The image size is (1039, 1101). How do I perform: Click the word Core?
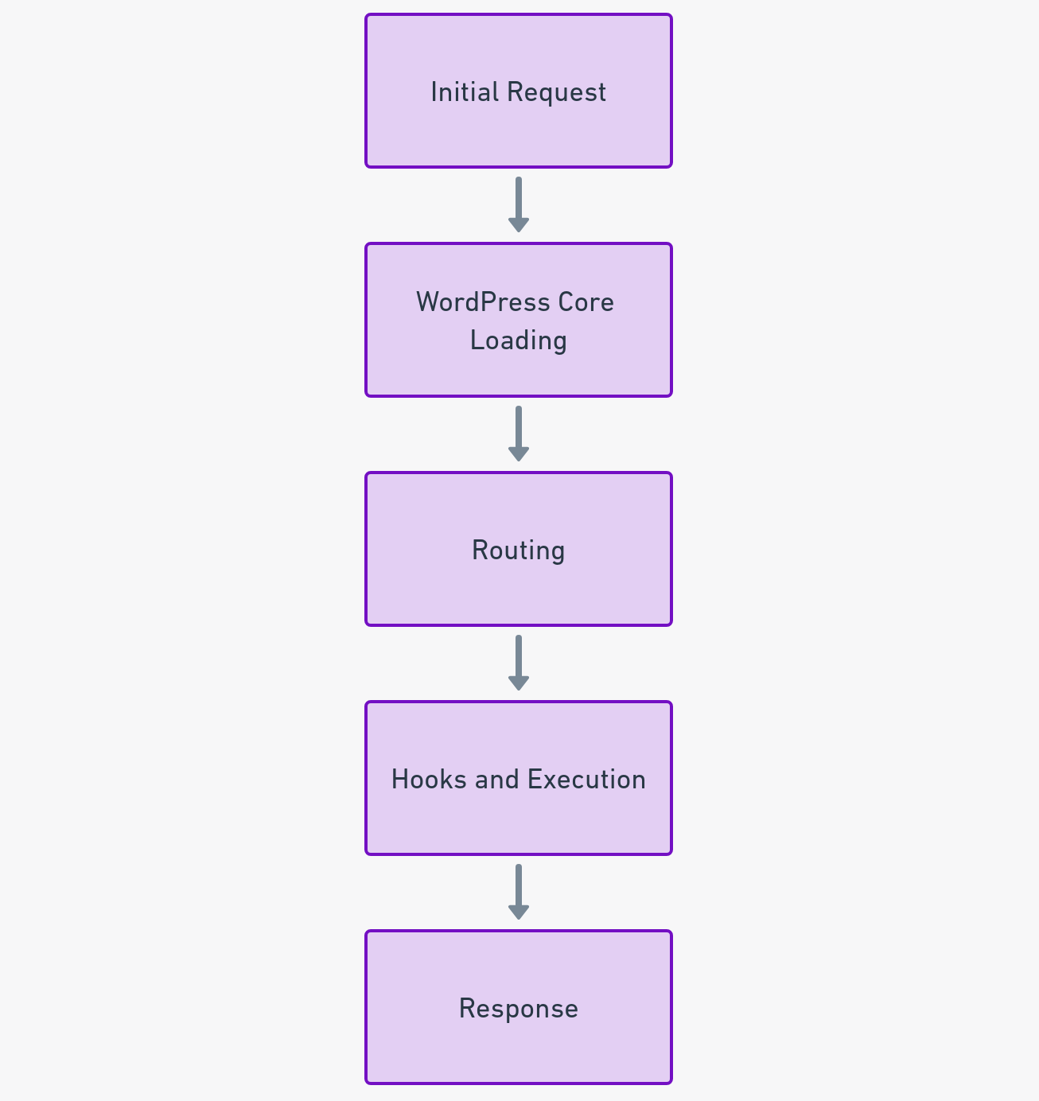click(x=586, y=302)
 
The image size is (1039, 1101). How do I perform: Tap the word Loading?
click(x=519, y=340)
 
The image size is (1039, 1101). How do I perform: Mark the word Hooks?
click(x=429, y=780)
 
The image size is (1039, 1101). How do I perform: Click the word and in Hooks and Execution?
click(x=496, y=780)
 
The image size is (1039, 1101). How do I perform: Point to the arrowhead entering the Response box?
click(x=519, y=912)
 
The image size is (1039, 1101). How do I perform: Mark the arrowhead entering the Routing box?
click(x=519, y=453)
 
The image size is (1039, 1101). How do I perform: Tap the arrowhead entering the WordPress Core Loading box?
click(x=519, y=224)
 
